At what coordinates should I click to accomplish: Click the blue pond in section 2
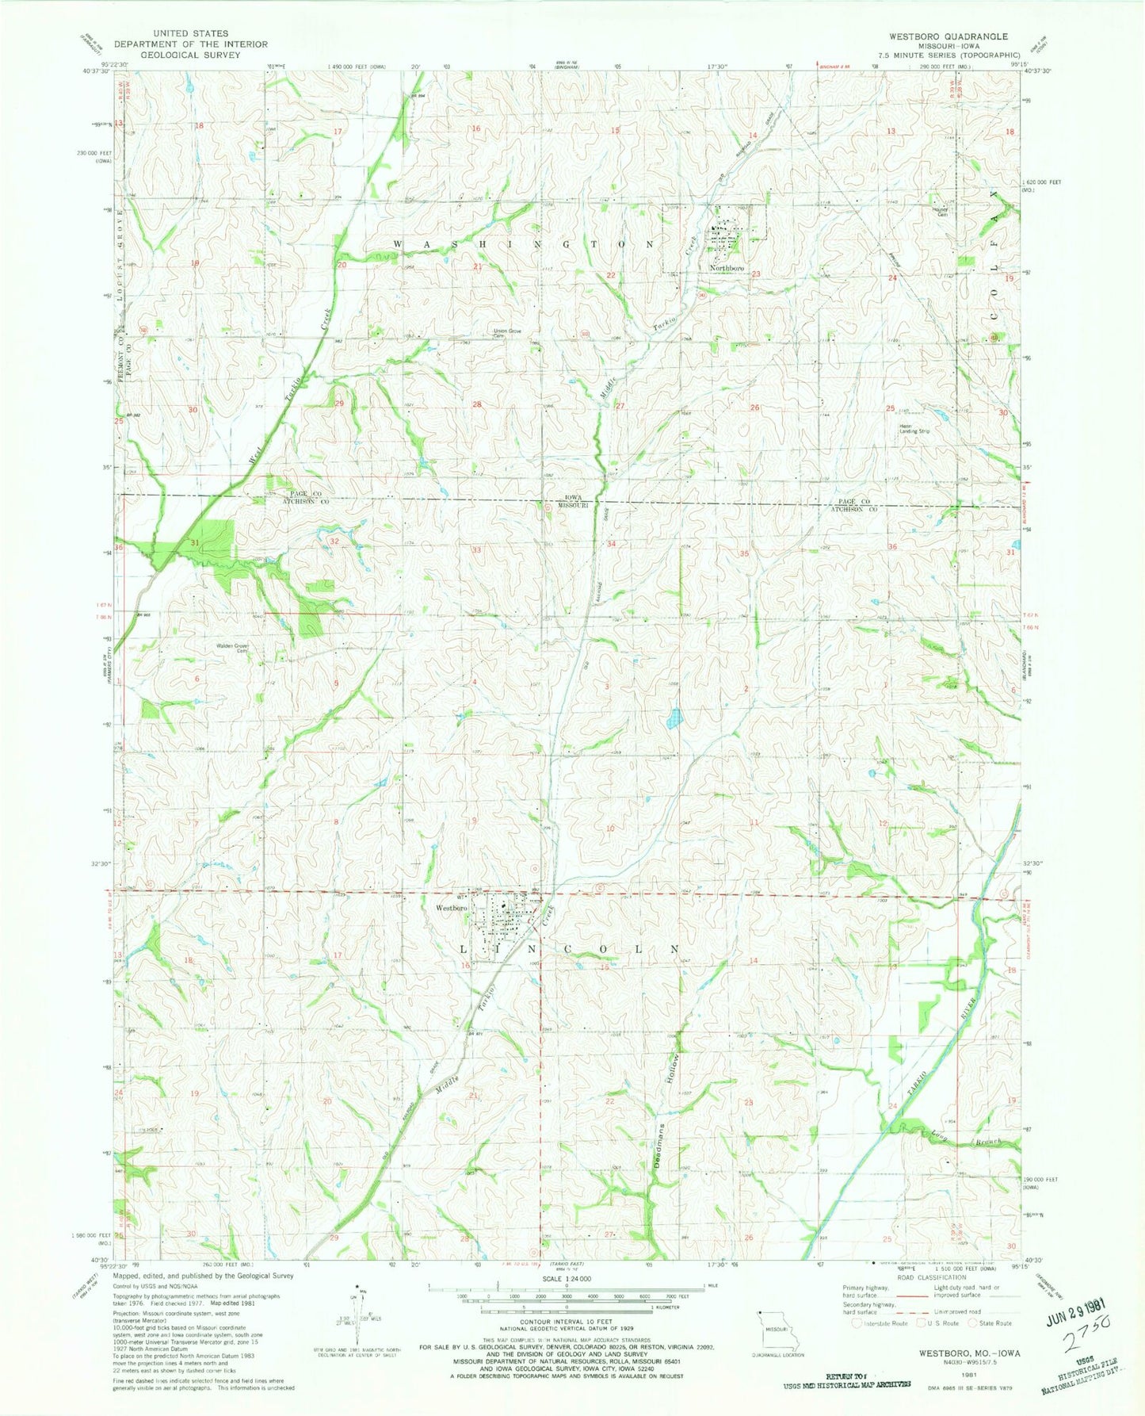[674, 718]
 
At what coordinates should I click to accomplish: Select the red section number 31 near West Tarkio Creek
[195, 542]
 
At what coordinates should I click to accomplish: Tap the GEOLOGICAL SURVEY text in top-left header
[174, 55]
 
